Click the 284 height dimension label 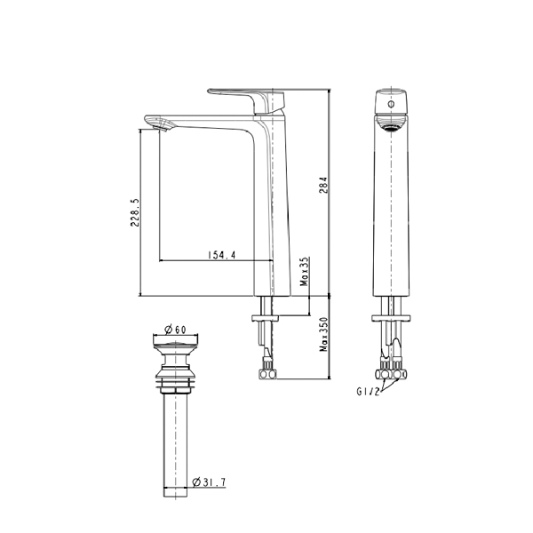click(323, 185)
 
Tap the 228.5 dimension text click(135, 213)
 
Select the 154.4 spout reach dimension click(221, 255)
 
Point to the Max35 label click(305, 272)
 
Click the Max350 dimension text click(323, 335)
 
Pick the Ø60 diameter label click(175, 329)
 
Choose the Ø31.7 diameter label click(209, 482)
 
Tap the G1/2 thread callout click(368, 392)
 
